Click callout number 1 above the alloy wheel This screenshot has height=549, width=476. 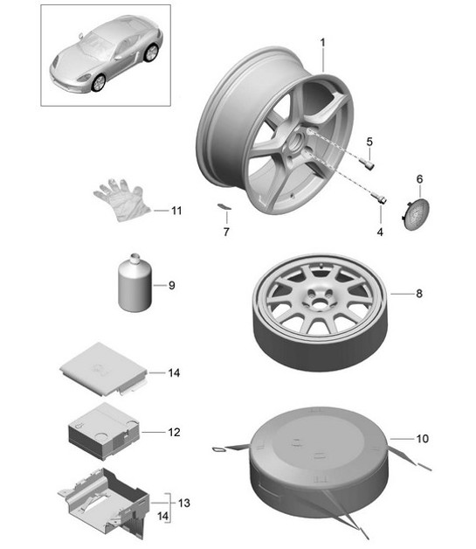coord(321,42)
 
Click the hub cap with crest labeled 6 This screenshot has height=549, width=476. coord(418,213)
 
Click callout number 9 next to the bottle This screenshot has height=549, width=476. coord(172,285)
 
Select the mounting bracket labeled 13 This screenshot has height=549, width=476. coord(104,499)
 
